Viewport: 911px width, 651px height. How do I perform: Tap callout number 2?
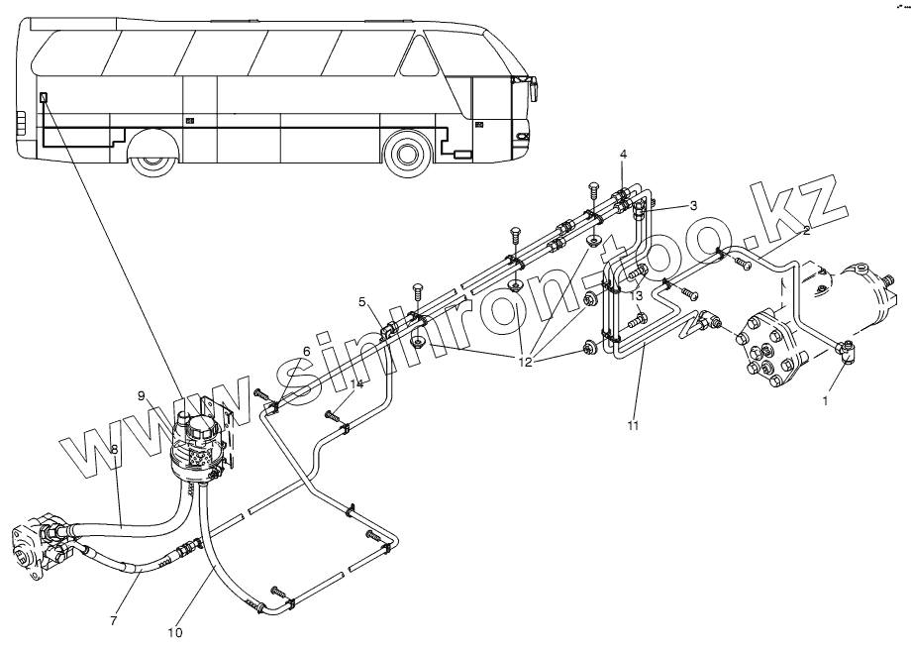pos(806,230)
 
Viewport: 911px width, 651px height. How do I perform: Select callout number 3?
pos(694,204)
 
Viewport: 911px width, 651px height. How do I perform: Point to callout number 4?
pos(623,154)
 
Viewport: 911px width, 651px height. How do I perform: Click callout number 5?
pos(362,301)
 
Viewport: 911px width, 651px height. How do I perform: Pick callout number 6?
pos(306,351)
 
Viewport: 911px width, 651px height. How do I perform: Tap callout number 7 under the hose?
pos(113,620)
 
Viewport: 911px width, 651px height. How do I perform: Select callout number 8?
pos(114,449)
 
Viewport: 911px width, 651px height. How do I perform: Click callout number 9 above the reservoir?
pos(142,395)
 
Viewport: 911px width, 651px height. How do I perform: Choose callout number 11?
pos(633,426)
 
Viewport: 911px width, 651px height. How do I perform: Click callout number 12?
pos(525,362)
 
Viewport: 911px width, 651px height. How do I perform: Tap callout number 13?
pos(637,295)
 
